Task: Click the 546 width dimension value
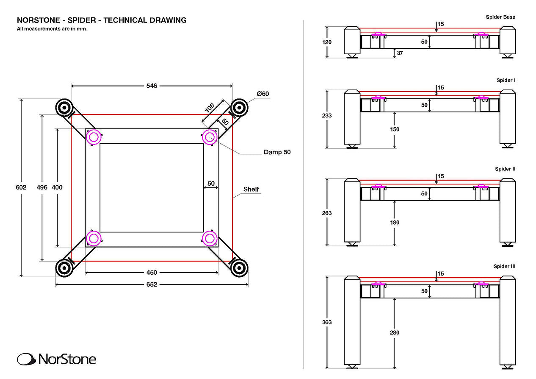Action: coord(152,86)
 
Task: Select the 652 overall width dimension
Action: coord(152,284)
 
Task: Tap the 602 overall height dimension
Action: coord(21,187)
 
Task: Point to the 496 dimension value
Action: coord(42,187)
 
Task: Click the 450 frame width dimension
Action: coord(152,273)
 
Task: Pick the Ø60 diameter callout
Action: coord(263,94)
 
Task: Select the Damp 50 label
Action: coord(277,152)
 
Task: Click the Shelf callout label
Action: coord(251,189)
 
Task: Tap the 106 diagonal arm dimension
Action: coord(210,108)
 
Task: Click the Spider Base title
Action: coord(500,17)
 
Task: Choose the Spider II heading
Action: coord(505,169)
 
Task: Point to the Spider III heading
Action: coord(504,266)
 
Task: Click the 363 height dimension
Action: coord(327,322)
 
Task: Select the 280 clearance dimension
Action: coord(395,332)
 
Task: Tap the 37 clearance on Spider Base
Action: coord(400,53)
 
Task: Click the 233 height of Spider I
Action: coord(327,115)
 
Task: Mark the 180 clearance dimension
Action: coord(395,223)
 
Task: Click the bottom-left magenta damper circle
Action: coord(94,239)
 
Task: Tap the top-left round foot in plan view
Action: coord(64,108)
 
